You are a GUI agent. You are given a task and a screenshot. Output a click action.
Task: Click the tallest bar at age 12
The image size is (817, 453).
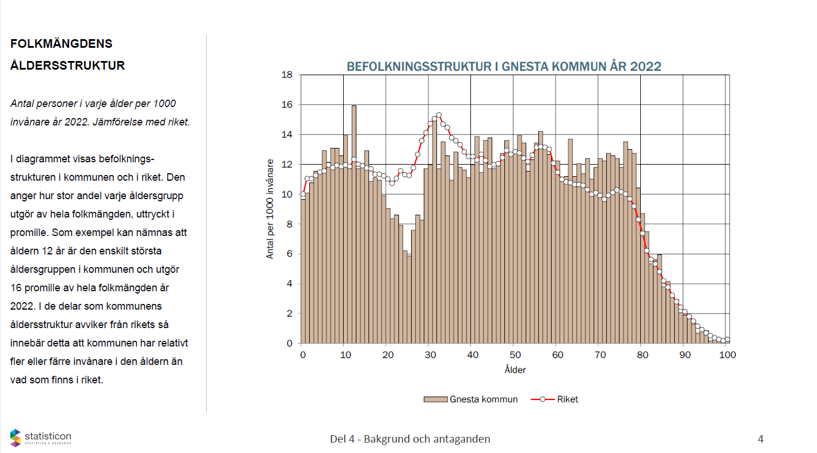pos(354,224)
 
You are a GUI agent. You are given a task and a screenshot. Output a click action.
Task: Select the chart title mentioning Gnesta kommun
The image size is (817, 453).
pos(504,67)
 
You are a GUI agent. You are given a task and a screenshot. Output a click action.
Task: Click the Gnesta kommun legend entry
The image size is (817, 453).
pos(471,399)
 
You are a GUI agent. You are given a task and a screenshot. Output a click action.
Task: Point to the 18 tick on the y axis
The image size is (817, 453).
pos(287,75)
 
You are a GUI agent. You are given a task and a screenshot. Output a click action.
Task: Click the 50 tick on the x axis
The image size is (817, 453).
pos(515,355)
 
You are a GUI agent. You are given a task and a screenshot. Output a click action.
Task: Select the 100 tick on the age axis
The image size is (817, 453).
pos(728,355)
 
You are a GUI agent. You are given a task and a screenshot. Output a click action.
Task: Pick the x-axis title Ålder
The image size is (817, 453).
pos(515,370)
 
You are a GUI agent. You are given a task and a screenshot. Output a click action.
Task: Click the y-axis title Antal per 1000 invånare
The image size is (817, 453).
pos(270,209)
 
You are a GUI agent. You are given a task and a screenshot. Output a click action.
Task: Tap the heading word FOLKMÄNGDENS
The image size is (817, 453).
pos(61,44)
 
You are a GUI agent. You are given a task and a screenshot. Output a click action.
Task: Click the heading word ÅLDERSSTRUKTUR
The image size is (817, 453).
pos(67,66)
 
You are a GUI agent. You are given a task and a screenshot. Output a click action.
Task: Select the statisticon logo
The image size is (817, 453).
pos(40,438)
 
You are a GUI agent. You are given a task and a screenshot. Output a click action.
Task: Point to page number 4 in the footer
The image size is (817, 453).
pos(761,439)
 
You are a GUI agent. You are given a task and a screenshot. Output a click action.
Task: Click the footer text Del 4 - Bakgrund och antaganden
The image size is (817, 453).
pos(410,439)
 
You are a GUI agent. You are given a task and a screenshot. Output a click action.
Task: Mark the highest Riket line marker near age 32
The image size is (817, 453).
pos(439,116)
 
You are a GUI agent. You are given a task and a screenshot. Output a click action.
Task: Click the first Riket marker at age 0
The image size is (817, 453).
pos(303,194)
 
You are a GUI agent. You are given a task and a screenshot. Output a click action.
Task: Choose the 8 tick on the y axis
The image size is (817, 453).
pos(289,224)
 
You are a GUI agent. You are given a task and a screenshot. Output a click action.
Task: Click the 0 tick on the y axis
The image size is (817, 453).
pos(289,344)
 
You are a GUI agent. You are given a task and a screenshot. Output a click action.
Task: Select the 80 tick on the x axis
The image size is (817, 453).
pos(643,355)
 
